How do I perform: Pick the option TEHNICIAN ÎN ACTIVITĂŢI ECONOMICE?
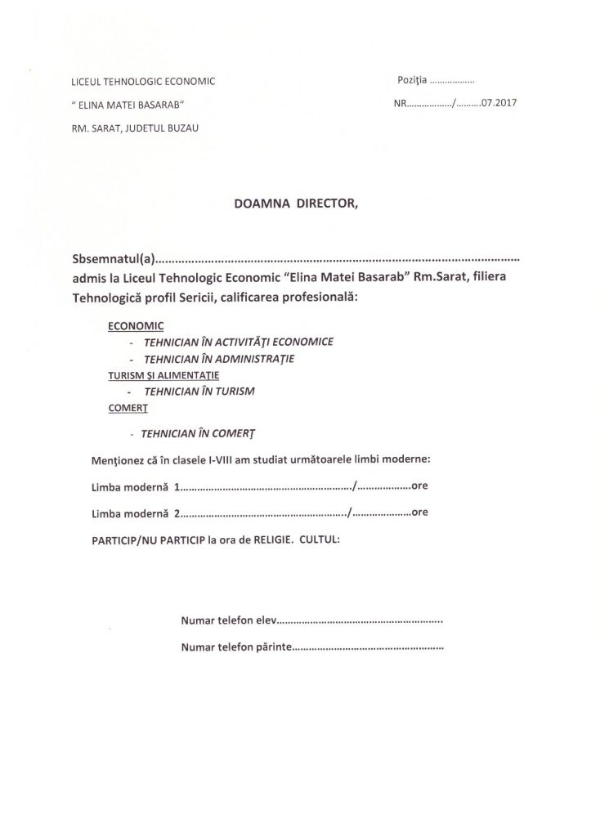pos(238,341)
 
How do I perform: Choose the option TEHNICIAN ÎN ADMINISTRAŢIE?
pos(219,358)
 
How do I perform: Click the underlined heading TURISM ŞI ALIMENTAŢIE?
pos(163,374)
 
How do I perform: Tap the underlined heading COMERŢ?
pos(127,407)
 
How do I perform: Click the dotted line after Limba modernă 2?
pos(263,513)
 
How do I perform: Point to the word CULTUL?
pos(320,540)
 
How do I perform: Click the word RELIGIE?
pos(266,540)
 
